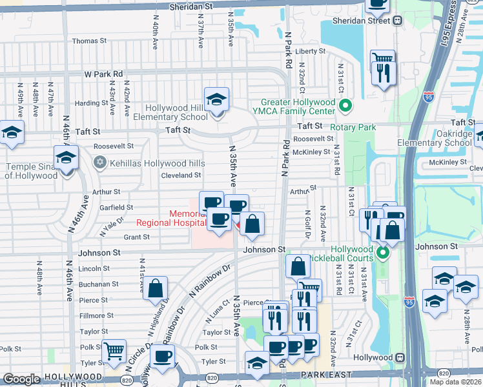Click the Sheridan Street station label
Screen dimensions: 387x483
coord(360,20)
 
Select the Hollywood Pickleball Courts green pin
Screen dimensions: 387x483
coord(382,253)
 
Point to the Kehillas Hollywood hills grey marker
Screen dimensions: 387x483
coord(99,161)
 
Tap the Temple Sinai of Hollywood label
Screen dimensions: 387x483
coord(29,171)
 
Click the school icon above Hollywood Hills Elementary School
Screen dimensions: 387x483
coord(216,99)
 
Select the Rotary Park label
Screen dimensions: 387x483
coord(353,128)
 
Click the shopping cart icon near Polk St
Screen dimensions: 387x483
coord(114,352)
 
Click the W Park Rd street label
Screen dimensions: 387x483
coord(103,74)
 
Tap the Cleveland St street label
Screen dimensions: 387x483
coord(181,175)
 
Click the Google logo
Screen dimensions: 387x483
coord(21,379)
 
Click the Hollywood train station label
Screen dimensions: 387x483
coord(378,357)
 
